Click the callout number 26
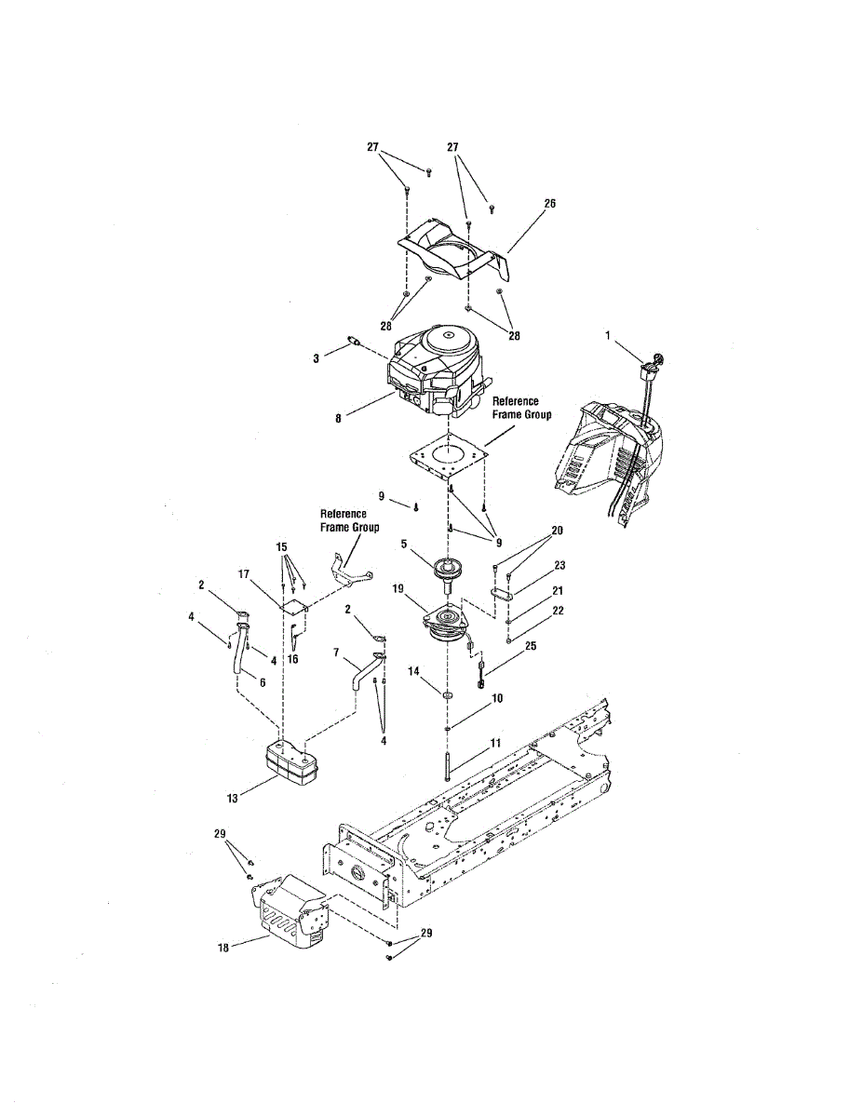pos(549,202)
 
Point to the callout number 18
pos(222,948)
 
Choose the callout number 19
pos(397,589)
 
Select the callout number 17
pos(245,575)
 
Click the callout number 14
pos(413,671)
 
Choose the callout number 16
pos(292,659)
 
